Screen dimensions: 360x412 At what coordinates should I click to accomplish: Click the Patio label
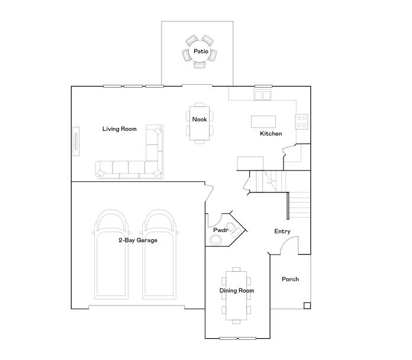(x=201, y=52)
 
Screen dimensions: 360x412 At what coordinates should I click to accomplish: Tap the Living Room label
(x=120, y=129)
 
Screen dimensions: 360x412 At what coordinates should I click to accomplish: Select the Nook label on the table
(x=199, y=120)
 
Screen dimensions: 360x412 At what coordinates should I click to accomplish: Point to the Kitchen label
(x=271, y=134)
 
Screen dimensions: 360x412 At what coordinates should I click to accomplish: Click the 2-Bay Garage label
(x=138, y=240)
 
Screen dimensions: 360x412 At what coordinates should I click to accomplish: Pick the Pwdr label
(x=221, y=230)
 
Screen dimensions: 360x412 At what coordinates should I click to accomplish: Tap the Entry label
(x=282, y=232)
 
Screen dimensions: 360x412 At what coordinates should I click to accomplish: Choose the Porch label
(x=290, y=279)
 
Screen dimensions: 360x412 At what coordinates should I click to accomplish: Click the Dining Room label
(x=237, y=291)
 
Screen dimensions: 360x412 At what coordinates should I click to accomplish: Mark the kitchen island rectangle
(x=263, y=121)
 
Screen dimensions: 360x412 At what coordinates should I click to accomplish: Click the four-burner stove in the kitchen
(x=302, y=121)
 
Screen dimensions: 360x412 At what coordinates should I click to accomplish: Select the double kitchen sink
(x=263, y=95)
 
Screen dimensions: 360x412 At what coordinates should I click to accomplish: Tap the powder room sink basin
(x=216, y=240)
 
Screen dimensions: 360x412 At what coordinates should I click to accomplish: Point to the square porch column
(x=307, y=306)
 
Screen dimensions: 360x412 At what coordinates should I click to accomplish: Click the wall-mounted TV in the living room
(x=76, y=142)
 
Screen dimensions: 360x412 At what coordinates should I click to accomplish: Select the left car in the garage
(x=111, y=255)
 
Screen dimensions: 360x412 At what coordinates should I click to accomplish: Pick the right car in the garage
(x=160, y=255)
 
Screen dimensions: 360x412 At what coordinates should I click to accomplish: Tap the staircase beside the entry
(x=299, y=204)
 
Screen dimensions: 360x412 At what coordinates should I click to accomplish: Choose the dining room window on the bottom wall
(x=237, y=339)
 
